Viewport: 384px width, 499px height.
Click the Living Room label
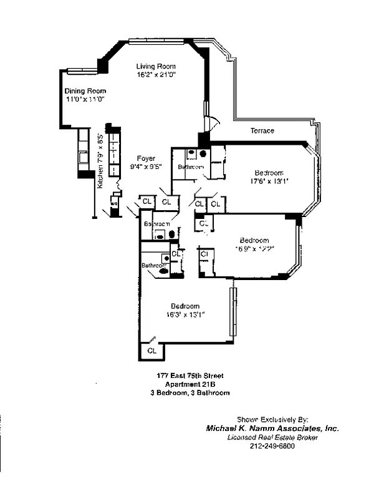point(156,66)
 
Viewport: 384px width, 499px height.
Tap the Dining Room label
point(84,90)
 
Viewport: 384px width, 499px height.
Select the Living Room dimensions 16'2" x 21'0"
point(156,75)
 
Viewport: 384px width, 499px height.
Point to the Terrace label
point(262,131)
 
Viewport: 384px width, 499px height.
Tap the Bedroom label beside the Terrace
point(269,173)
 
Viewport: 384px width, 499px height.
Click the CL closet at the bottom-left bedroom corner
point(152,351)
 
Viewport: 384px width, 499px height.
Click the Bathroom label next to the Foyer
point(190,167)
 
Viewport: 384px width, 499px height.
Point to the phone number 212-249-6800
point(272,446)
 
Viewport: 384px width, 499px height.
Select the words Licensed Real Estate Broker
point(272,437)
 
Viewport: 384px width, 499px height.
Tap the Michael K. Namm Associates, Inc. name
point(272,429)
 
